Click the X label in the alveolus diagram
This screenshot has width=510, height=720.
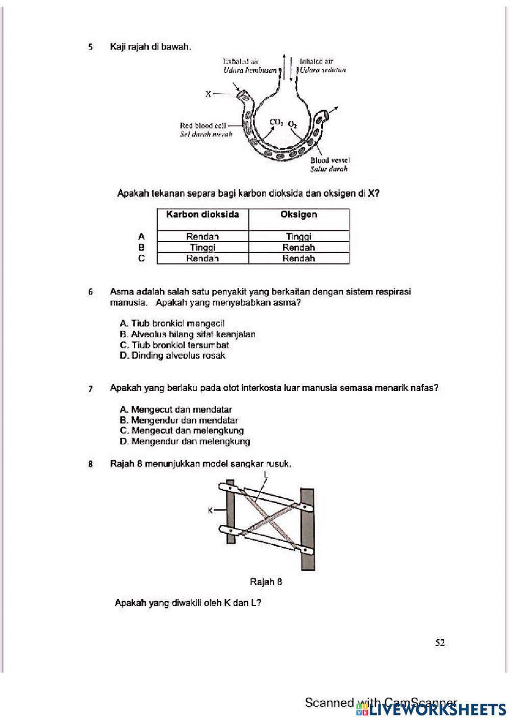pos(208,94)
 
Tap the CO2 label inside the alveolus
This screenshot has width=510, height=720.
pos(276,122)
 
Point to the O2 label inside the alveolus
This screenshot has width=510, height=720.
pos(292,124)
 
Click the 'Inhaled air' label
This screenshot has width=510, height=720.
pos(316,61)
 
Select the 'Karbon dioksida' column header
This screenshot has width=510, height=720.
pos(202,215)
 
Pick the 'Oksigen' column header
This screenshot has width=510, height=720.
pos(299,215)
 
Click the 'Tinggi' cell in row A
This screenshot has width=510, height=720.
pos(299,236)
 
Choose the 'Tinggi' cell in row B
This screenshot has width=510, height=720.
pos(202,248)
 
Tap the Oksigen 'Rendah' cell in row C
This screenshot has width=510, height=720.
pos(299,258)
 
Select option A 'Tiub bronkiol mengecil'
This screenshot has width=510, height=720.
pos(172,323)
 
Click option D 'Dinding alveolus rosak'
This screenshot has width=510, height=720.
pos(172,356)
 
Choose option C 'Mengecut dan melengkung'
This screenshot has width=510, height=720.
pos(182,431)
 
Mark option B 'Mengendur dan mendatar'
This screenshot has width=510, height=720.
pos(179,420)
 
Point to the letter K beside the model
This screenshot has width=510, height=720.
pos(210,510)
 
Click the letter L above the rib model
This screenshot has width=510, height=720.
pos(266,474)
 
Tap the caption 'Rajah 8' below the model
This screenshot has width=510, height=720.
pos(266,582)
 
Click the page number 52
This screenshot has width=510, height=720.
pos(440,643)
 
